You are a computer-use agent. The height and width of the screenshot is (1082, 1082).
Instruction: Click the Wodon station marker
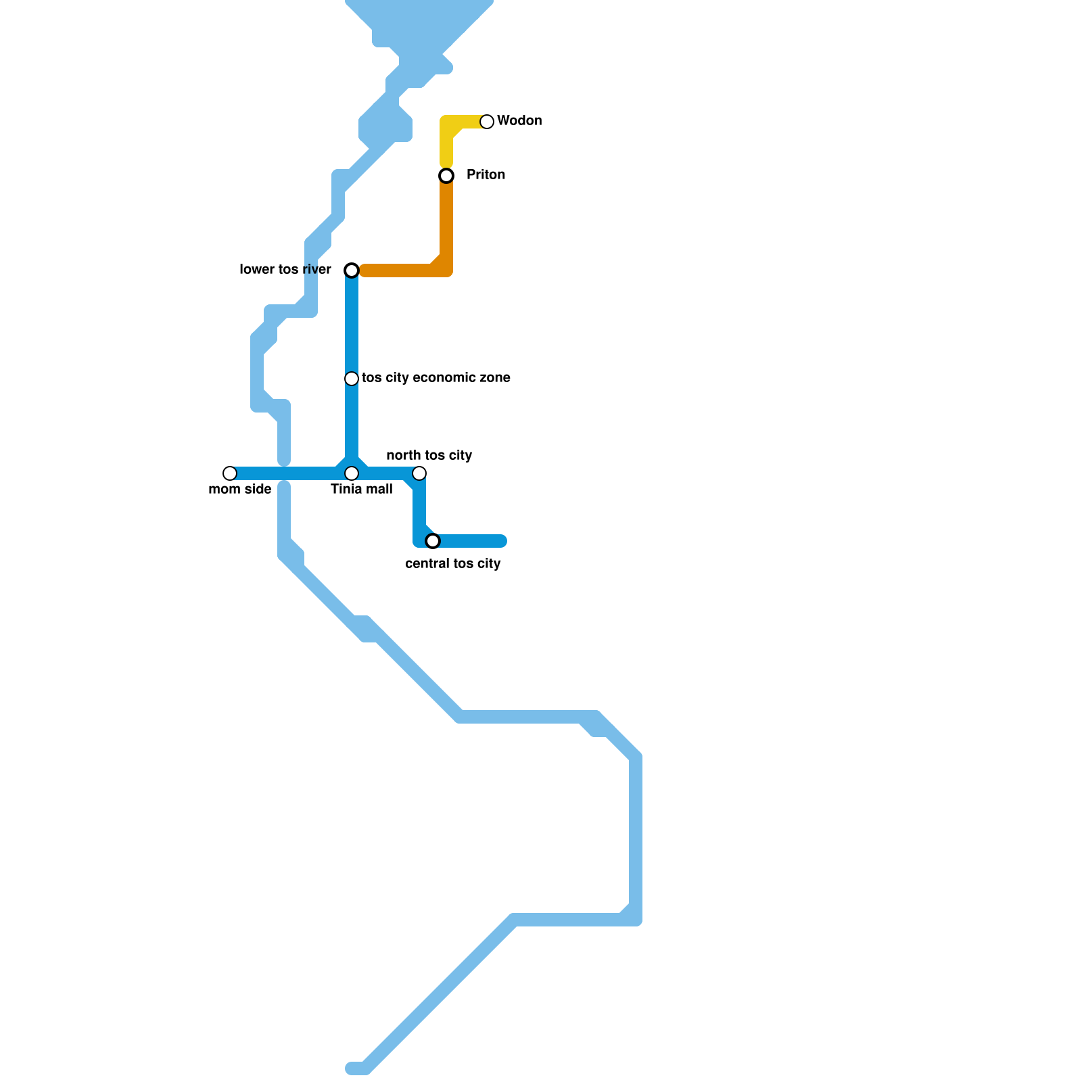click(x=487, y=122)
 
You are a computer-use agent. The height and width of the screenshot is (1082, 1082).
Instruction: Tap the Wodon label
click(x=519, y=121)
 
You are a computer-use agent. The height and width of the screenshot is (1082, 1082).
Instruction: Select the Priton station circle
click(x=446, y=176)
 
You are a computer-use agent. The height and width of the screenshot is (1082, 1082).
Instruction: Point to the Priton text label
click(x=486, y=175)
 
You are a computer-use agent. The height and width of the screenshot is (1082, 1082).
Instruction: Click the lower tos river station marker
click(x=352, y=270)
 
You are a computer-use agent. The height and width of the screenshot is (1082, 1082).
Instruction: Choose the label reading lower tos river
click(x=285, y=270)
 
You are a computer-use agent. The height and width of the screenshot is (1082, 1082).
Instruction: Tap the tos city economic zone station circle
click(x=352, y=379)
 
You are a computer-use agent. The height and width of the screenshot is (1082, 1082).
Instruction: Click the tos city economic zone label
click(x=436, y=378)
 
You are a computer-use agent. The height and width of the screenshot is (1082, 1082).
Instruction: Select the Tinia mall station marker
click(x=352, y=473)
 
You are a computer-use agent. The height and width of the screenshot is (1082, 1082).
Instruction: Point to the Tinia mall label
click(x=361, y=490)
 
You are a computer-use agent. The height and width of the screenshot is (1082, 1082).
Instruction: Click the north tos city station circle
click(x=419, y=473)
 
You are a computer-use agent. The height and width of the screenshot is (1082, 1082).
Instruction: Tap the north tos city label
click(x=429, y=456)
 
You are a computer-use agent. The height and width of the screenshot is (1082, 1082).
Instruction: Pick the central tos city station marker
click(x=433, y=541)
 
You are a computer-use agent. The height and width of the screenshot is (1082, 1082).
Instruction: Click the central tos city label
click(x=452, y=564)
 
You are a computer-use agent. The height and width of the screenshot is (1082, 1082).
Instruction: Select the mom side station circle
click(x=230, y=473)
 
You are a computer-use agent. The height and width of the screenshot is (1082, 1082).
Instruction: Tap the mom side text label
click(x=240, y=490)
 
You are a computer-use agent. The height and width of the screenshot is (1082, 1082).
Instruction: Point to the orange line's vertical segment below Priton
click(x=446, y=223)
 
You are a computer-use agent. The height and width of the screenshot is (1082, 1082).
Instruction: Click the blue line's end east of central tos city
click(x=502, y=541)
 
